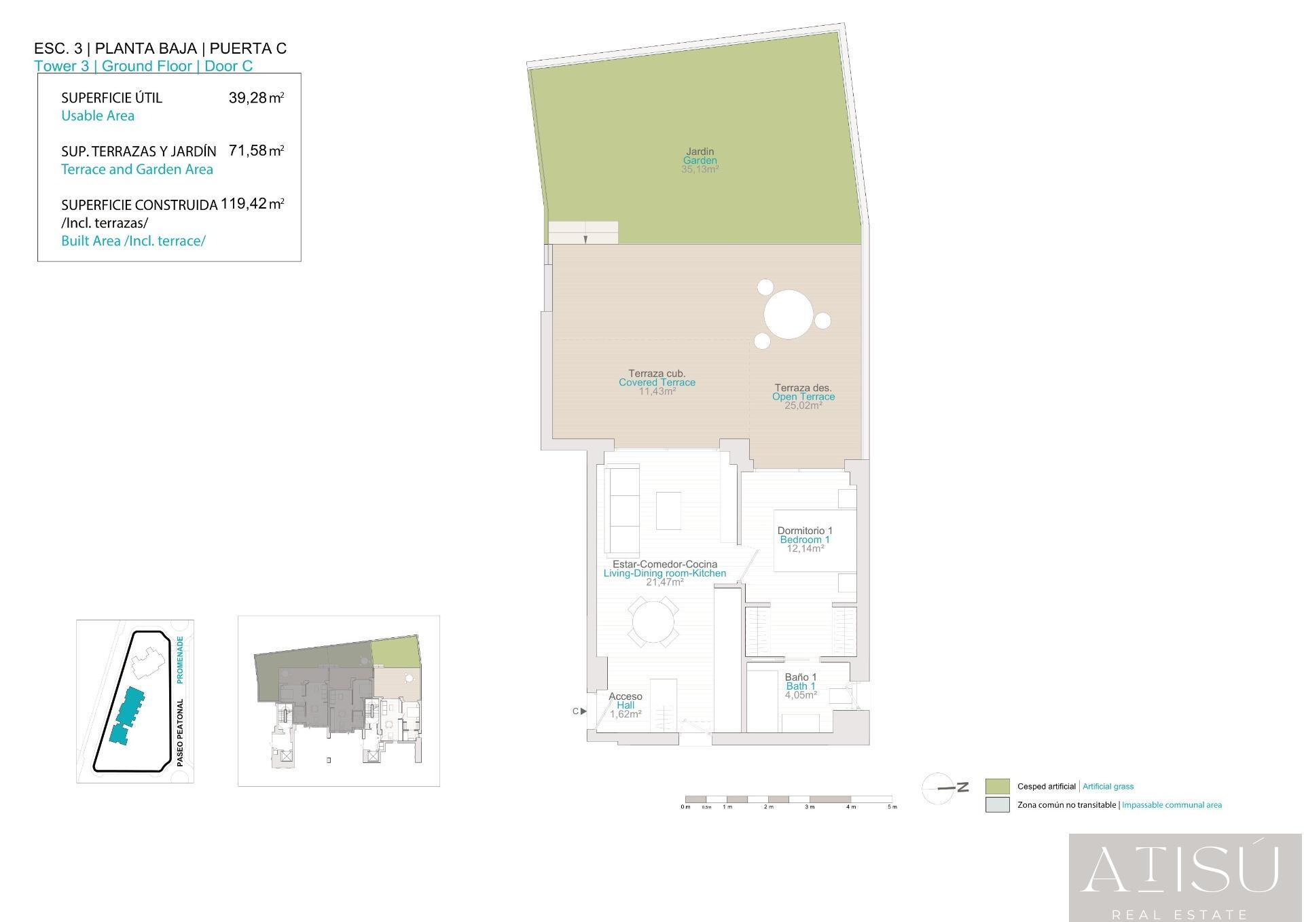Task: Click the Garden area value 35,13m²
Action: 700,169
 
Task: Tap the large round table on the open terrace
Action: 789,315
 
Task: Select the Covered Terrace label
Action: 657,383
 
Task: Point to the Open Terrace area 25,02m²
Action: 803,406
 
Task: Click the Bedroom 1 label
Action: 804,539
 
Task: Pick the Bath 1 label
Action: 800,686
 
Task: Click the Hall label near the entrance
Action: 626,705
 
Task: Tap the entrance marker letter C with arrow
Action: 579,711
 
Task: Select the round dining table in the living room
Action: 653,622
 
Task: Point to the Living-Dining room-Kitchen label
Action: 664,573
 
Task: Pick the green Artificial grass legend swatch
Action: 997,786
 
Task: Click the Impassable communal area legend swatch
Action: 997,805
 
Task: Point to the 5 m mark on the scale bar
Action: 892,806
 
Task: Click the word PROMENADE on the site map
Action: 180,660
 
